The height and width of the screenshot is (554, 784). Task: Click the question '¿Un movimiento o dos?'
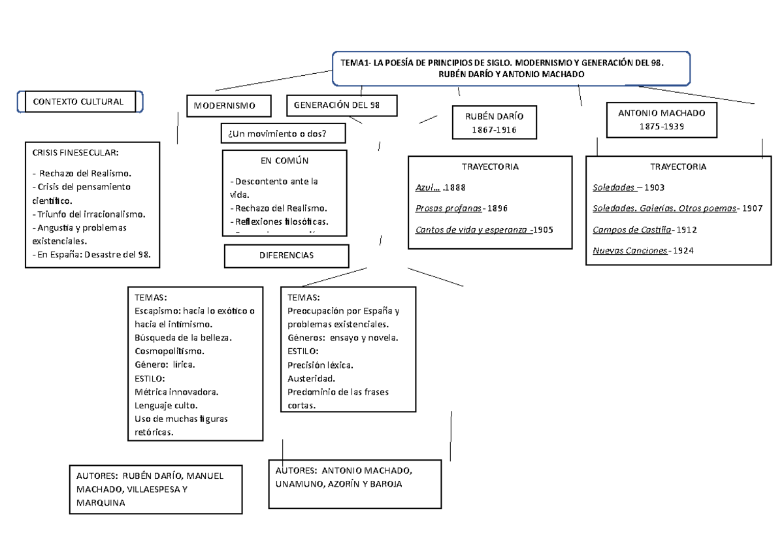click(x=277, y=134)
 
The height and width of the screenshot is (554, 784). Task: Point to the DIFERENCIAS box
click(x=286, y=255)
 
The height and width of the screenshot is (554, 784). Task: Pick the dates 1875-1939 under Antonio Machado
click(x=661, y=126)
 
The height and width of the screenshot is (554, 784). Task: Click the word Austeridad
click(x=311, y=378)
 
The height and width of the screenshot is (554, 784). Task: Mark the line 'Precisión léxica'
click(x=320, y=365)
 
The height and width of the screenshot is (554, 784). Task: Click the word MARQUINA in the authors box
click(x=101, y=504)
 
